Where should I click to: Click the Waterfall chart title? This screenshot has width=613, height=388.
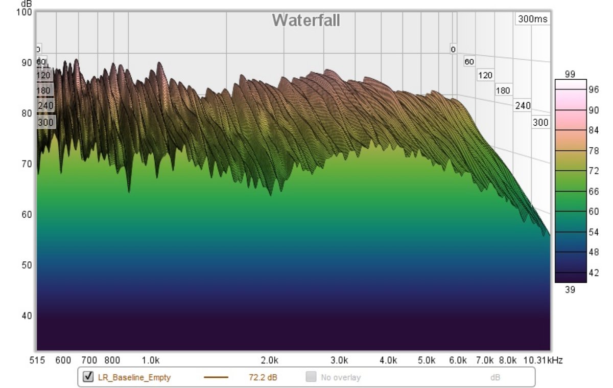[x=305, y=20]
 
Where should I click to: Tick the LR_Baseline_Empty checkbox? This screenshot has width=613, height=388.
[x=88, y=377]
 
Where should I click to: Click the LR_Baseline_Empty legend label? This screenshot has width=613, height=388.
[x=134, y=378]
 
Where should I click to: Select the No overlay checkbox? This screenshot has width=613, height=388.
[x=311, y=377]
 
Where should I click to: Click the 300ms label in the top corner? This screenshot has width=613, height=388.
[x=532, y=19]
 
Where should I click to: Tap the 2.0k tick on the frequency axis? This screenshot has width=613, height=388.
[x=269, y=360]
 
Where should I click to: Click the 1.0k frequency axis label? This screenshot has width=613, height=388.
[x=150, y=360]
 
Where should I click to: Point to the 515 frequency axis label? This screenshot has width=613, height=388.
[x=37, y=360]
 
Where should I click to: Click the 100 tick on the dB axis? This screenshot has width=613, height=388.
[x=25, y=12]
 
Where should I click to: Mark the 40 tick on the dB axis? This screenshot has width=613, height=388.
[x=26, y=315]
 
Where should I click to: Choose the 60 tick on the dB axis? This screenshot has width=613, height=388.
[x=26, y=214]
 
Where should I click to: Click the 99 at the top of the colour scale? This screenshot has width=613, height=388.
[x=570, y=75]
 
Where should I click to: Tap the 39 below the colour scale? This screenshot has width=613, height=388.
[x=570, y=289]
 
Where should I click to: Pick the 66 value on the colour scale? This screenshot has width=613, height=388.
[x=594, y=191]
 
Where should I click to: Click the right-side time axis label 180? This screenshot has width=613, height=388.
[x=503, y=90]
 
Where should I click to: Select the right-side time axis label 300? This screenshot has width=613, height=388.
[x=540, y=122]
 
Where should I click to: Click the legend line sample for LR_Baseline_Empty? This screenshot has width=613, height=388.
[x=216, y=378]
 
